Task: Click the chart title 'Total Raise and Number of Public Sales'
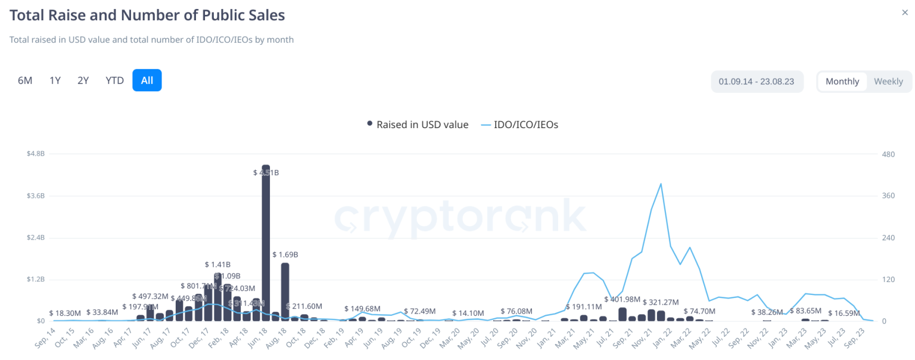coord(147,15)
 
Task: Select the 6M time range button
coord(25,80)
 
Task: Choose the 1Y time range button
coord(55,80)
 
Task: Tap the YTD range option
coord(114,80)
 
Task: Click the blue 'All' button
coord(147,80)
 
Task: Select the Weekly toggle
coord(888,82)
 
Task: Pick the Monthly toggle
coord(842,82)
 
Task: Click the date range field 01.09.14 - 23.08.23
coord(757,82)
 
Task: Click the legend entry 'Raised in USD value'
coord(418,125)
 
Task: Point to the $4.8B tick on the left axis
coord(35,154)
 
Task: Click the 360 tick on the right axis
coord(888,195)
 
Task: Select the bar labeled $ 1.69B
coord(285,292)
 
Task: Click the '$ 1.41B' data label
coord(217,265)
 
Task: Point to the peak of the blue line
coord(661,184)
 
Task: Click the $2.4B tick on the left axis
coord(35,237)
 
